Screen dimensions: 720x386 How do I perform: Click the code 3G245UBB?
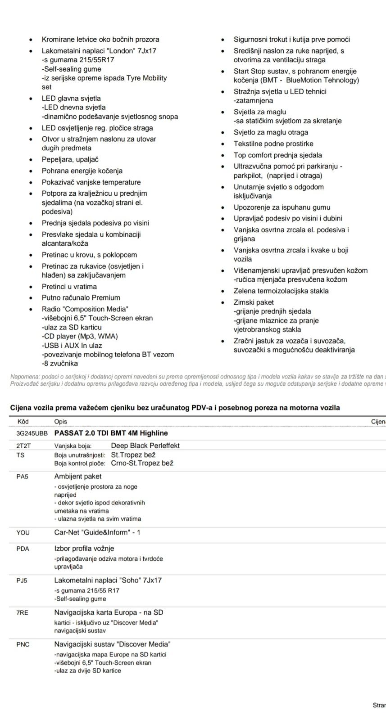coord(29,433)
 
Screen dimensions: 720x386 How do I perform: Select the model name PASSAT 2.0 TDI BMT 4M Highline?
coord(111,433)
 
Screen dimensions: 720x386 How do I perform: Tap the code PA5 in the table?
coord(23,477)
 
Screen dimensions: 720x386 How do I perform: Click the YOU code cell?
coord(23,533)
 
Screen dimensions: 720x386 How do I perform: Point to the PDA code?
coord(23,549)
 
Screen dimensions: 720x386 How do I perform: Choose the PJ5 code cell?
coord(22,580)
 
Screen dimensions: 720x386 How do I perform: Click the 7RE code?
coord(23,612)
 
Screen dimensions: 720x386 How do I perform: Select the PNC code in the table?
coord(23,644)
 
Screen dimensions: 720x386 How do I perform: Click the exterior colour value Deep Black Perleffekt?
coord(145,445)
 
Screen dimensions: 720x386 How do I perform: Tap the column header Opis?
coord(61,422)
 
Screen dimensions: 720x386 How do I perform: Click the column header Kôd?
coord(23,422)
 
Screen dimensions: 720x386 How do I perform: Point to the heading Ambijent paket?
coord(78,476)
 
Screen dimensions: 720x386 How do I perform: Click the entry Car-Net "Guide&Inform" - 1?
coord(97,532)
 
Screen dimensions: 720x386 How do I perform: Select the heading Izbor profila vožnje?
coord(84,549)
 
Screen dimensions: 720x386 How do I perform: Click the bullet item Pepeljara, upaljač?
coord(70,159)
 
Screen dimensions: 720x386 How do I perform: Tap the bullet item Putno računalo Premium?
coord(81,297)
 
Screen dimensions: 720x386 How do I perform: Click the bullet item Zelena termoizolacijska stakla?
coord(281,291)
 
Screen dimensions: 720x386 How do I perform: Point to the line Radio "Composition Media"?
coord(85,309)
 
